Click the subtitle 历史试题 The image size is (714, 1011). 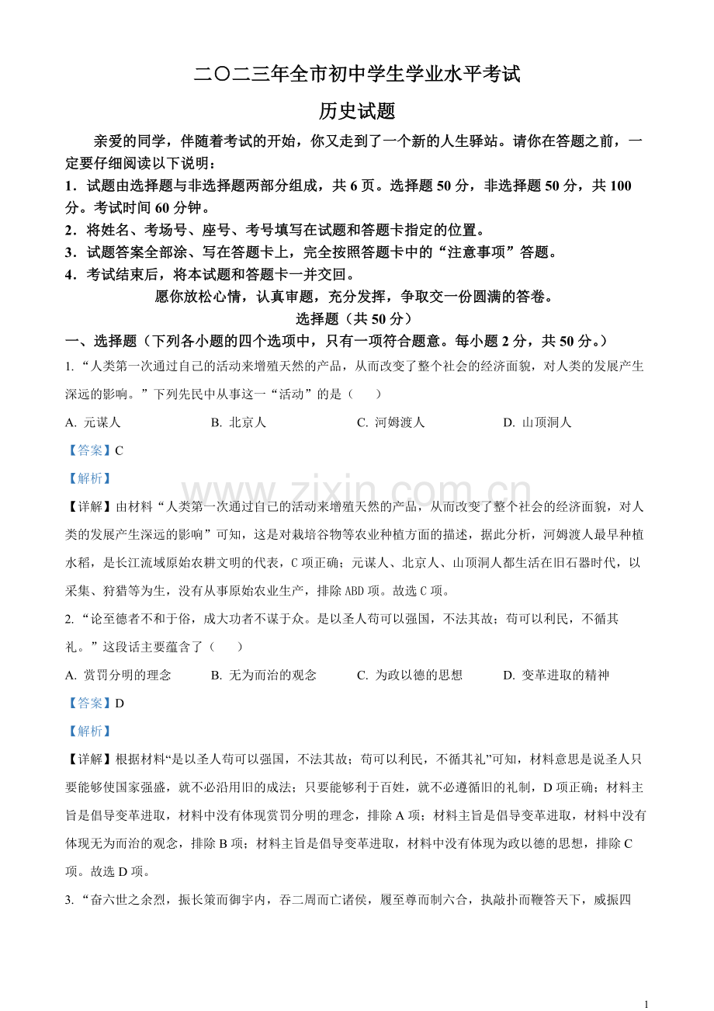pyautogui.click(x=357, y=112)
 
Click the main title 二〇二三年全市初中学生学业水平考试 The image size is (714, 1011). pyautogui.click(x=357, y=75)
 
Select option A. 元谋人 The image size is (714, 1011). pyautogui.click(x=93, y=422)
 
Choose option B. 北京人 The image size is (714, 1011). pyautogui.click(x=238, y=422)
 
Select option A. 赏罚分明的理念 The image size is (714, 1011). pyautogui.click(x=118, y=675)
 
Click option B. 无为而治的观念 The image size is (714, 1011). pyautogui.click(x=263, y=675)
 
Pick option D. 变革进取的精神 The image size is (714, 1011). pyautogui.click(x=556, y=675)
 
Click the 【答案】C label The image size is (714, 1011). pyautogui.click(x=95, y=450)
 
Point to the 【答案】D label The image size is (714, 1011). pyautogui.click(x=95, y=703)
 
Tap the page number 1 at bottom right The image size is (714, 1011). pyautogui.click(x=646, y=1003)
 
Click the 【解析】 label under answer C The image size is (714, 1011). pyautogui.click(x=89, y=478)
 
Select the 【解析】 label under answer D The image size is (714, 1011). pyautogui.click(x=89, y=731)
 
